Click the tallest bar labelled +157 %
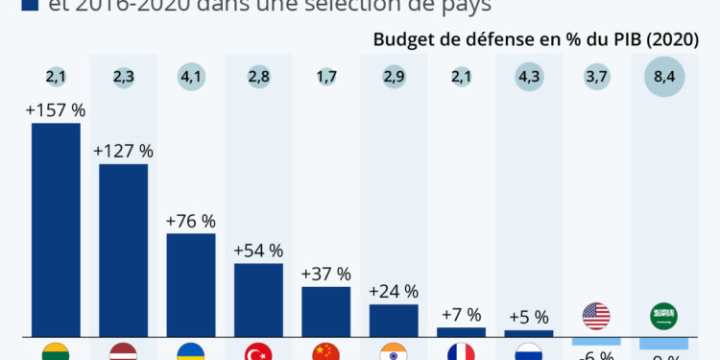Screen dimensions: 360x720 coord(56,229)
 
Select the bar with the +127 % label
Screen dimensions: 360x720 coord(123,250)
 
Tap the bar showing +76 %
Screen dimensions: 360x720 coord(190,284)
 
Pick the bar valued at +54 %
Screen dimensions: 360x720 coord(258,300)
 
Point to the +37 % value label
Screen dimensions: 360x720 coord(325,274)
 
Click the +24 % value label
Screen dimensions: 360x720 coord(394,291)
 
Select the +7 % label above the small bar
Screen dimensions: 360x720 coord(461,315)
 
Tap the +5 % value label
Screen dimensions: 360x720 coord(528,317)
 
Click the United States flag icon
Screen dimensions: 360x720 coord(596,315)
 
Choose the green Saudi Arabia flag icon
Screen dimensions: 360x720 coord(663,315)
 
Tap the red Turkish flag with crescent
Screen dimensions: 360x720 coord(258,352)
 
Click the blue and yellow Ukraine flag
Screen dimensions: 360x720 coord(190,352)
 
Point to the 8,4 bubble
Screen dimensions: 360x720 coord(663,76)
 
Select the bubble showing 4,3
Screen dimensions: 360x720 coord(528,76)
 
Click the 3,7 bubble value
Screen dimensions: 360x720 coord(596,76)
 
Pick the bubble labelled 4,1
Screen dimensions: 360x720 coord(190,76)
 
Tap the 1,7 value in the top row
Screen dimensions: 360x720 coord(325,76)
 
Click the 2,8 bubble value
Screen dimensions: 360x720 coord(258,76)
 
